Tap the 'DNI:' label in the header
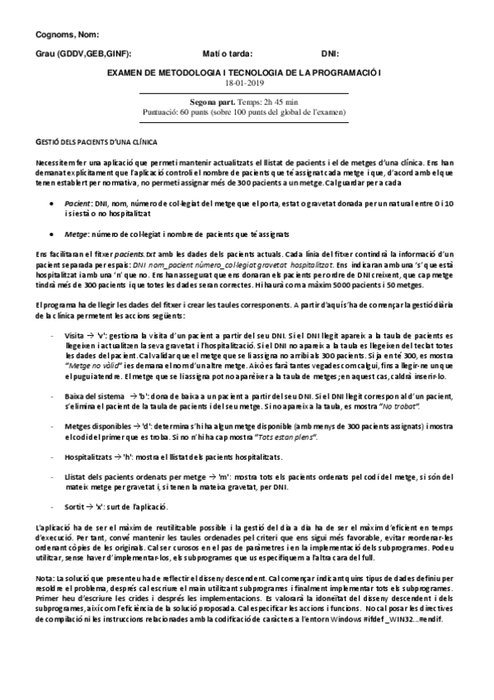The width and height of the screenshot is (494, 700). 329,53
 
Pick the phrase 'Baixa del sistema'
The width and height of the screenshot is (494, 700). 101,396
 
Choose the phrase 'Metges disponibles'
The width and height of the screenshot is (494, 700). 103,426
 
